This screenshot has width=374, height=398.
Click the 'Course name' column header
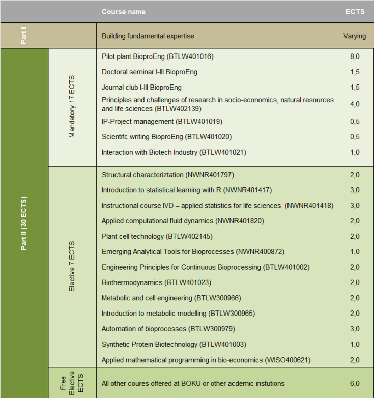click(x=123, y=12)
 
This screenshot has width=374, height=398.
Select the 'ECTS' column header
click(x=355, y=12)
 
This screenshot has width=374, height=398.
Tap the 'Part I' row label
click(x=23, y=36)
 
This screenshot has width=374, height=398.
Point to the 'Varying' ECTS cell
click(x=354, y=36)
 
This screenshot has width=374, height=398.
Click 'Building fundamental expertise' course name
click(x=148, y=36)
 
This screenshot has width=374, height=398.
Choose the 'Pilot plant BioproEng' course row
click(x=157, y=56)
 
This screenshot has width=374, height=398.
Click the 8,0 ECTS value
click(x=355, y=56)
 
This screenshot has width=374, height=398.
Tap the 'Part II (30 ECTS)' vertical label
click(x=23, y=223)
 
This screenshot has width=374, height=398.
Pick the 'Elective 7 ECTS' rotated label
click(x=72, y=266)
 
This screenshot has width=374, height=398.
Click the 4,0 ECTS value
click(x=355, y=104)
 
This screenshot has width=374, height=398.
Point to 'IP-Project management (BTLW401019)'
click(x=162, y=121)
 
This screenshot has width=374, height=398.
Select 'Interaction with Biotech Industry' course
click(x=174, y=152)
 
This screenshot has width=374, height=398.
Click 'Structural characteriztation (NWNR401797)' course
click(x=167, y=175)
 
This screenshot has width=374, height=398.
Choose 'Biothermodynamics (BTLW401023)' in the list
click(x=156, y=282)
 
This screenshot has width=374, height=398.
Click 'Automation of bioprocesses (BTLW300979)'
click(x=168, y=329)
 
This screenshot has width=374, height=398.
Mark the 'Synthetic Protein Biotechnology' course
click(x=174, y=344)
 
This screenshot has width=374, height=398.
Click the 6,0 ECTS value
click(x=355, y=383)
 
